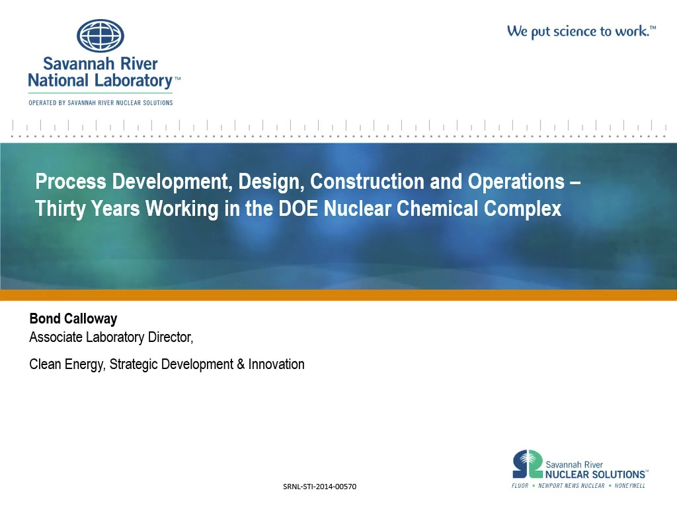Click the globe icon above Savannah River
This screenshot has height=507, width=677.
(100, 36)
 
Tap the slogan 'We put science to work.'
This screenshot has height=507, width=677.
(581, 32)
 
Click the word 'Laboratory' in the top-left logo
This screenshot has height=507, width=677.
(134, 81)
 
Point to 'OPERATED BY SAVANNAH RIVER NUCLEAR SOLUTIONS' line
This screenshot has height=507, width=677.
(100, 103)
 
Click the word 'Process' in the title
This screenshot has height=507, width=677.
(71, 181)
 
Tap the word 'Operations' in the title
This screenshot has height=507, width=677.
(516, 182)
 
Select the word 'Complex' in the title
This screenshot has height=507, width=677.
(522, 209)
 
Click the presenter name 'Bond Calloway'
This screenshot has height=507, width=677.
(73, 319)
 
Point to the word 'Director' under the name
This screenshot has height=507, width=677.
(170, 337)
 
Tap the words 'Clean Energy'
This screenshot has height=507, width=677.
(67, 364)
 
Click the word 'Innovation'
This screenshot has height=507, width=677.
(276, 364)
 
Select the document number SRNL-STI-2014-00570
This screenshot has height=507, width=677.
(319, 487)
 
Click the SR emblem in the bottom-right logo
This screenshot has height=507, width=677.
(527, 464)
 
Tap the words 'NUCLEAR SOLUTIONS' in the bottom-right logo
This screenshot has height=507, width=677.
(596, 475)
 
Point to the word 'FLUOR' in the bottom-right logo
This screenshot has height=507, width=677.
(520, 486)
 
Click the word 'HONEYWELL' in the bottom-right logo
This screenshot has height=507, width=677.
(629, 486)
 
